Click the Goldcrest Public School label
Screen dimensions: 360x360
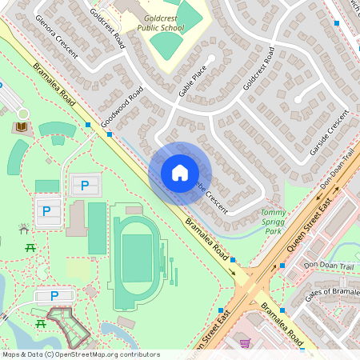click(161, 22)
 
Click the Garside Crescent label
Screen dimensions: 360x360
click(330, 132)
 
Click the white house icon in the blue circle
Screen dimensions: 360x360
click(180, 173)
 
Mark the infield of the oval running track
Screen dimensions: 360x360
click(138, 258)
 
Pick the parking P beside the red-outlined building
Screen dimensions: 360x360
click(54, 295)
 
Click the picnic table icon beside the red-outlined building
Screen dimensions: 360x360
click(39, 322)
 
